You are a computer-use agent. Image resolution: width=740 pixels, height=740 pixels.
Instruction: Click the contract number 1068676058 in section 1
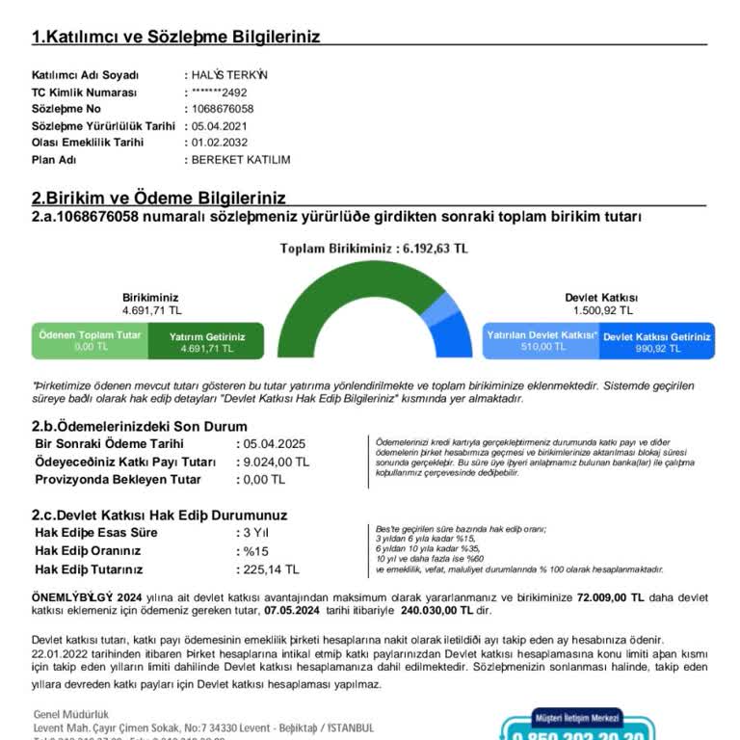pos(223,109)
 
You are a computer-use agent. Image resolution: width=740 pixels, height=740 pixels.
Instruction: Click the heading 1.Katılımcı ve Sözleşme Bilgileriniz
pos(175,37)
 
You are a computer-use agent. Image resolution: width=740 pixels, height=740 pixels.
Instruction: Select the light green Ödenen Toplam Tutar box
pos(90,340)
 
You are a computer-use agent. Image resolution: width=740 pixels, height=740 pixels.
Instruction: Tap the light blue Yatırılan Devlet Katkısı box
pos(542,340)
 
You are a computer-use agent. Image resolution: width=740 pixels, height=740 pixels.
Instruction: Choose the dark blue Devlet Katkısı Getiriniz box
pos(657,341)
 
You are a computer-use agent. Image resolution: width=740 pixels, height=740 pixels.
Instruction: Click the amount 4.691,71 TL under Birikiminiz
pos(151,310)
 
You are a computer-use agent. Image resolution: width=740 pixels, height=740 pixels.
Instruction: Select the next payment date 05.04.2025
pos(275,444)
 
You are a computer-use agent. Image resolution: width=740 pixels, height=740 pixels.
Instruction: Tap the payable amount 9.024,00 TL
pos(277,462)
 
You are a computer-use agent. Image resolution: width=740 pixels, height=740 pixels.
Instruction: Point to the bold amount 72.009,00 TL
pos(611,598)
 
